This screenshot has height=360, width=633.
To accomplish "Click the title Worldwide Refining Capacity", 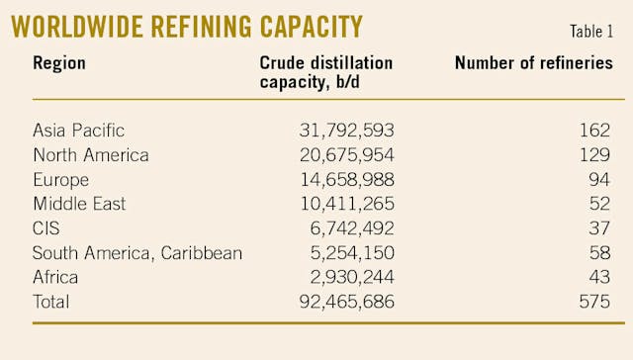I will pos(186,26).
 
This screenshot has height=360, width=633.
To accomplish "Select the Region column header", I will pos(59,63).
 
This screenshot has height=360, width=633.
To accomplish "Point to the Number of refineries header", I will pos(533,63).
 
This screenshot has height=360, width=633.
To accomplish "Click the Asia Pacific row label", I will pos(79,130).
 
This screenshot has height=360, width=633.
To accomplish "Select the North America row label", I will pos(91,154).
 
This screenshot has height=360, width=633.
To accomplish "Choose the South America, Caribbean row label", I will pos(137,252).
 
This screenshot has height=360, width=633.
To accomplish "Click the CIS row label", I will pos(46,227).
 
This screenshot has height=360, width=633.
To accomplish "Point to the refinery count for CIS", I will pos(600,227).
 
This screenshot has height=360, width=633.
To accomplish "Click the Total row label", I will pos(52,302).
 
